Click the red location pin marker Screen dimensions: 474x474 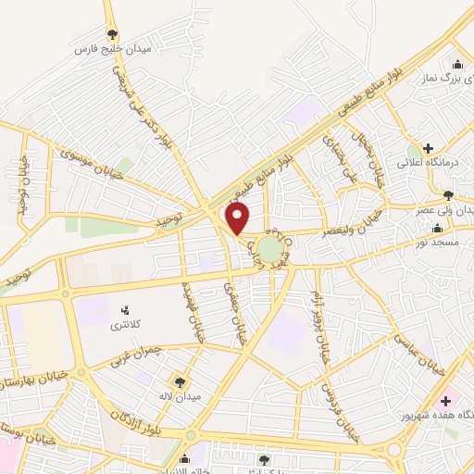pos(238,218)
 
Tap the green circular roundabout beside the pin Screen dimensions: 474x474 pos(268,249)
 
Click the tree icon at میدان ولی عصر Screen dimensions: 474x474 pos(448,195)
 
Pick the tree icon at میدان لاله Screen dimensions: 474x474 pos(179,380)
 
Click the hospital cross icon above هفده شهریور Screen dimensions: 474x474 pos(446,400)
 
